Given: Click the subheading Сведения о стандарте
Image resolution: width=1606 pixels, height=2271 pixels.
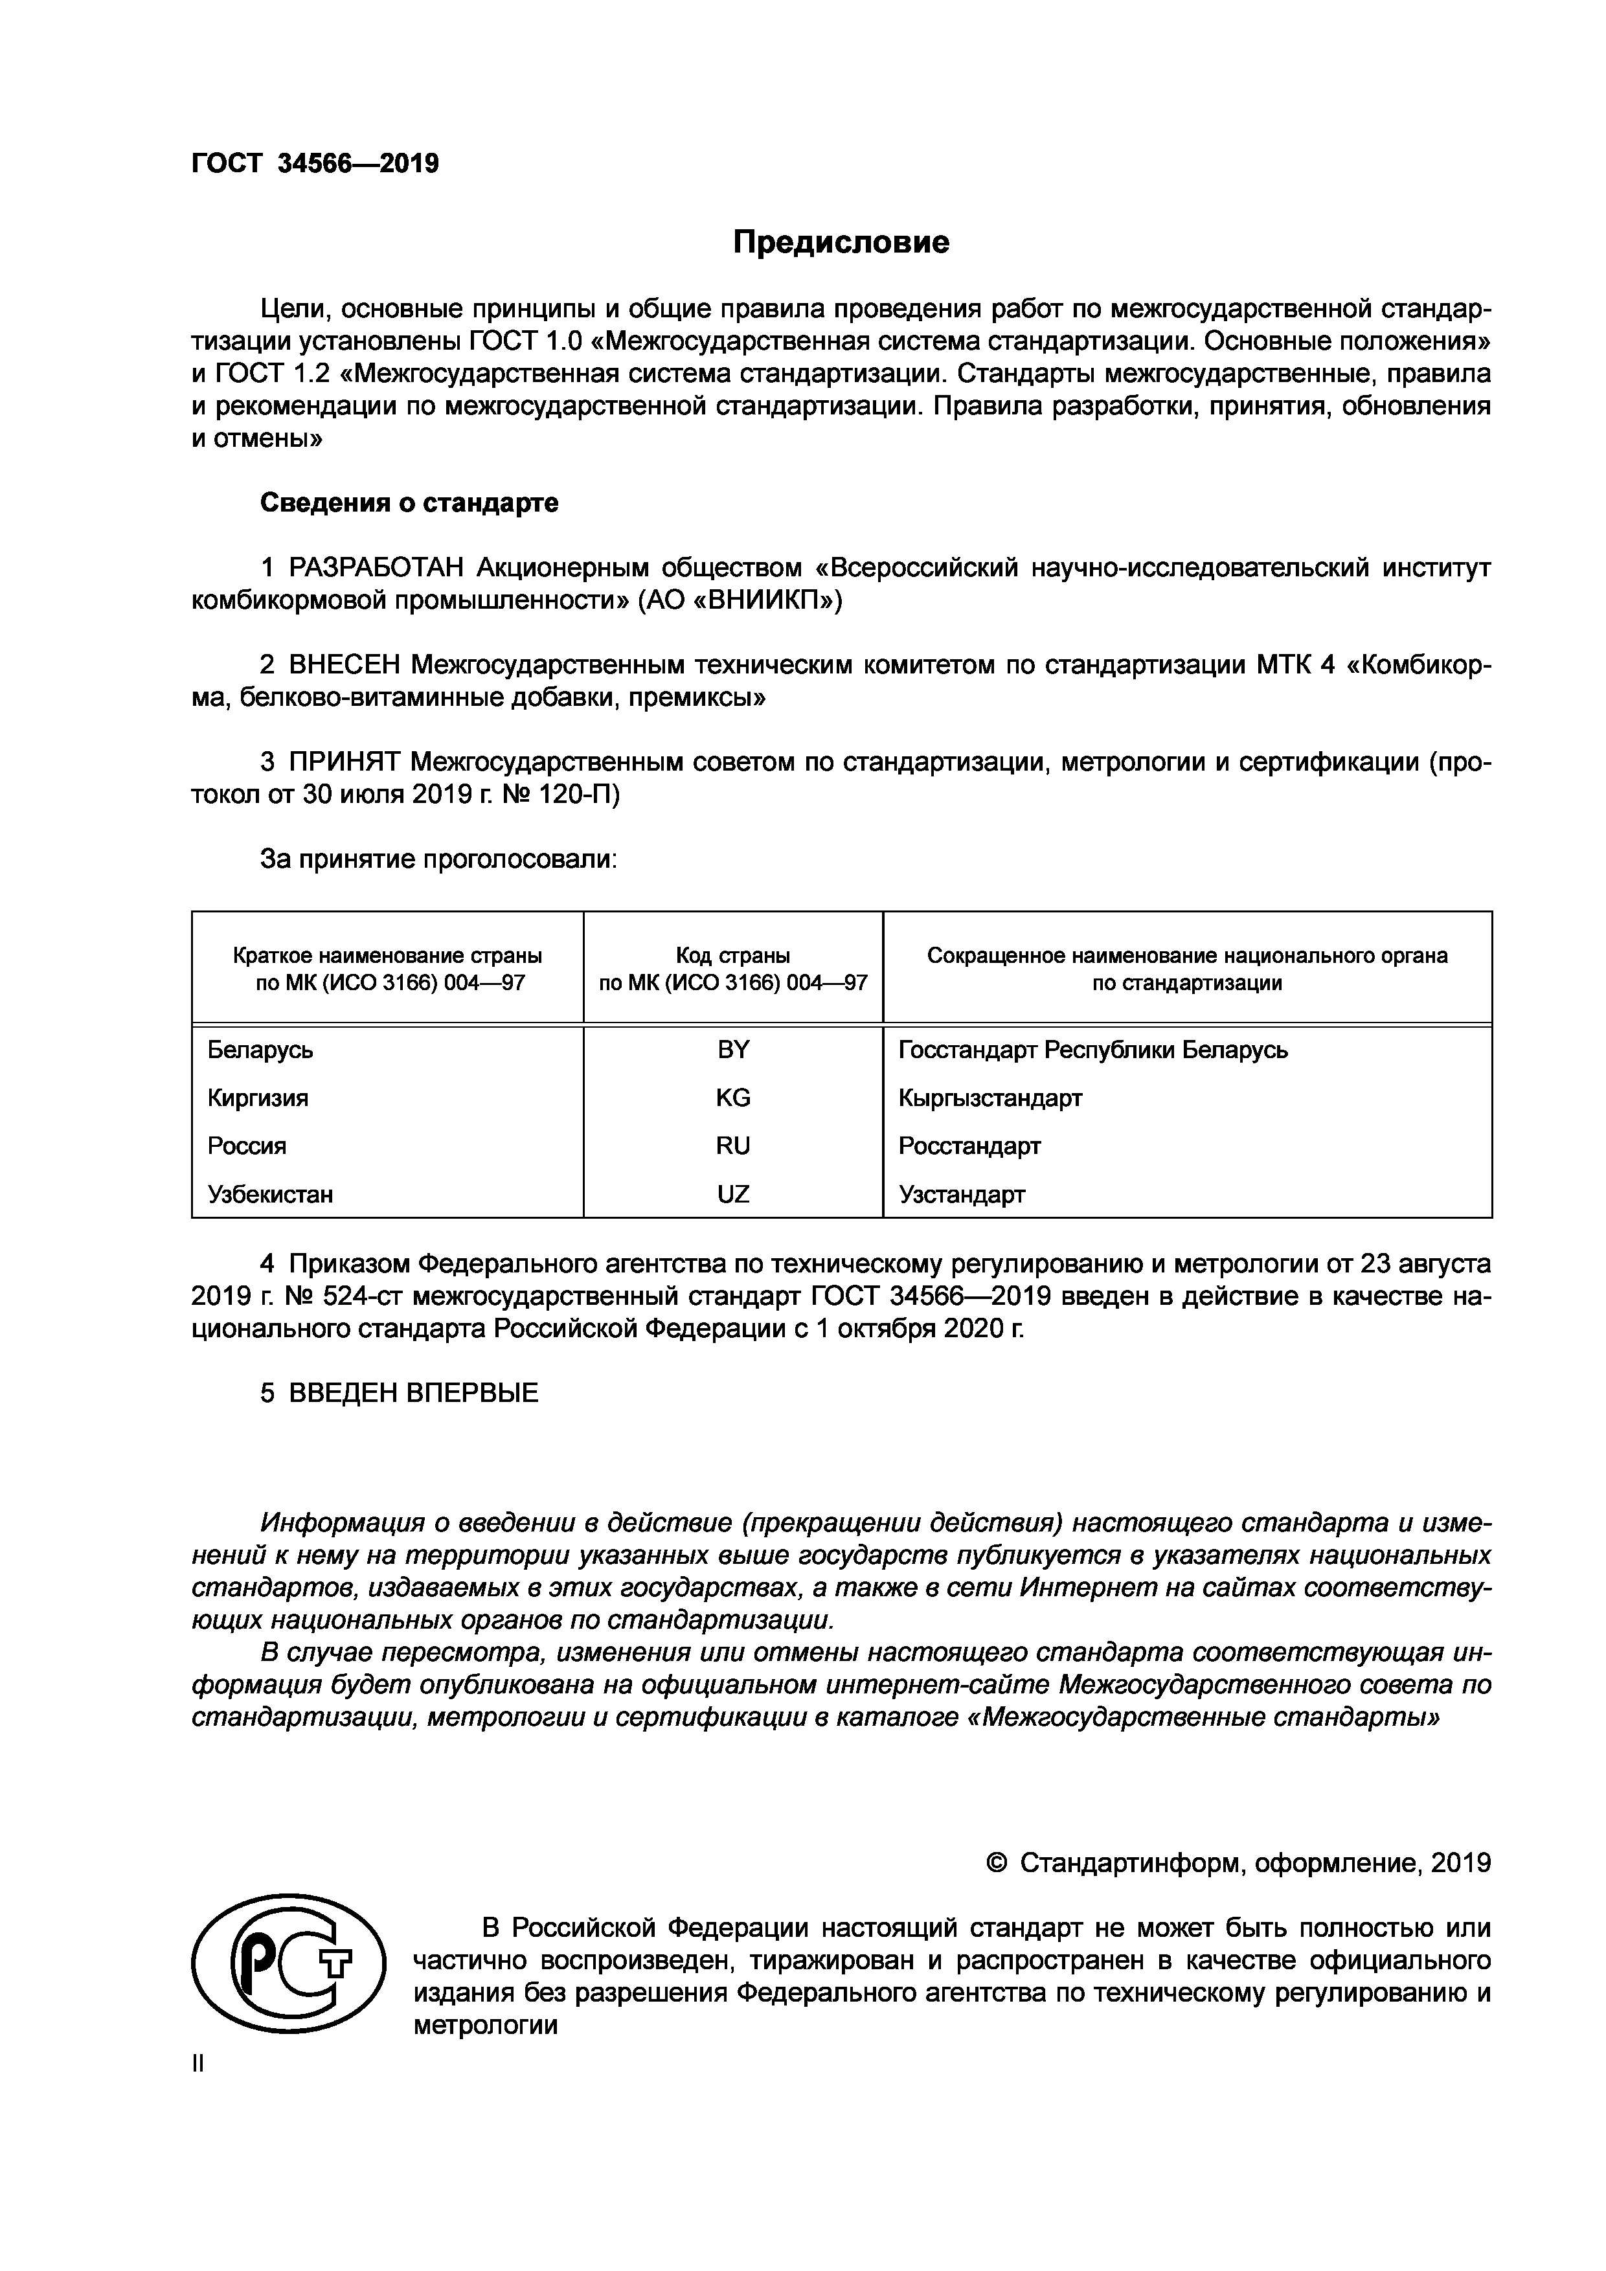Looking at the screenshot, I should click(409, 503).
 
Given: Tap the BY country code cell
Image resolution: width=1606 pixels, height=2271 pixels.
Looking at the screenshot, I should click(733, 1050).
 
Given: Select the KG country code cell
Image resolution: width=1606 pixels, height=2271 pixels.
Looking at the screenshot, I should click(733, 1098).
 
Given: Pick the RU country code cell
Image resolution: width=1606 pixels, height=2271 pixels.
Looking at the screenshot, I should click(733, 1146).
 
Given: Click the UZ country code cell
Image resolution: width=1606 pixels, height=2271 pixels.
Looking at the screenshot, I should click(733, 1194).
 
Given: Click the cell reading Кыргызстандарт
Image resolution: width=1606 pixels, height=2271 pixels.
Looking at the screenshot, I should click(990, 1098).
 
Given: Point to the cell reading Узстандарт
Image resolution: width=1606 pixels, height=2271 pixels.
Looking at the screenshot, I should click(961, 1194).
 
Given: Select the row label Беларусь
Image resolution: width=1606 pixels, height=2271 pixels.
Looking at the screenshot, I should click(260, 1050).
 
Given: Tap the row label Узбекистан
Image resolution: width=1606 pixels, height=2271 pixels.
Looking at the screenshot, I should click(270, 1194).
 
